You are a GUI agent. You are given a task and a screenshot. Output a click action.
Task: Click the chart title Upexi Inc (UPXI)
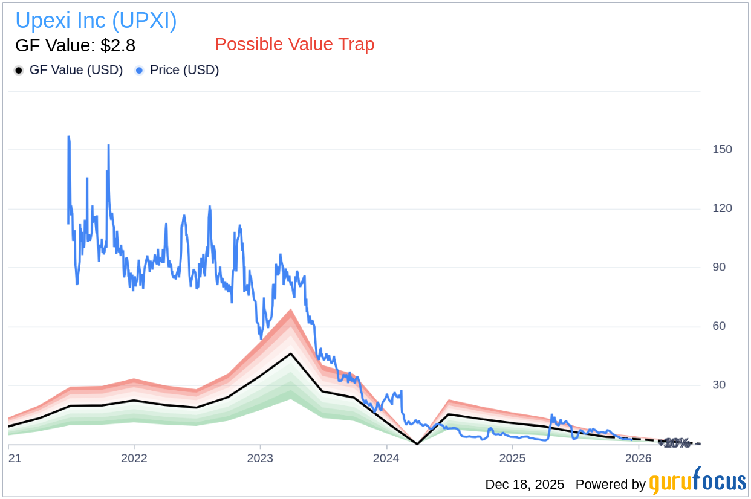(x=96, y=21)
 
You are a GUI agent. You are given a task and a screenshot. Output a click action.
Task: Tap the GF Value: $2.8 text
(x=75, y=45)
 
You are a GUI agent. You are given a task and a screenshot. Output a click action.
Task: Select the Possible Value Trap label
(x=294, y=45)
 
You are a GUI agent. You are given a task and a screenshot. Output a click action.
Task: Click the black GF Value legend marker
(x=19, y=71)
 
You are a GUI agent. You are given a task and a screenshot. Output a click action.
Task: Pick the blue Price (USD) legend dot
(x=140, y=71)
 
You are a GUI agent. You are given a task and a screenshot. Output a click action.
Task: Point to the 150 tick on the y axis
(x=722, y=149)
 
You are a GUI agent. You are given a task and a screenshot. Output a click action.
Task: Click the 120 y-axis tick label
(x=722, y=208)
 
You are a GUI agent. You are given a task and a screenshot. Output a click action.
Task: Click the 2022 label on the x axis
(x=134, y=459)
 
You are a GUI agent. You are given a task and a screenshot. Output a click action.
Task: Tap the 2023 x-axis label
(x=260, y=459)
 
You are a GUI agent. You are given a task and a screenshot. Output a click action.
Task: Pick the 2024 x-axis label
(x=386, y=459)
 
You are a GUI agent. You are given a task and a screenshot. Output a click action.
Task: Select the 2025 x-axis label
(x=512, y=459)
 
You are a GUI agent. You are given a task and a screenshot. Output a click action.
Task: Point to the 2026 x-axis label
(x=637, y=459)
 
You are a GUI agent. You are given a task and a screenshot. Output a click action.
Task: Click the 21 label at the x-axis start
(x=15, y=459)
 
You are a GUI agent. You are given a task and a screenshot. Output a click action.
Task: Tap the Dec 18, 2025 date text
(x=524, y=485)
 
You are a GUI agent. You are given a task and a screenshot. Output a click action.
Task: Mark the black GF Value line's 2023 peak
(x=291, y=353)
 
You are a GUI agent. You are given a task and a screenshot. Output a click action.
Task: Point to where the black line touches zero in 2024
(x=417, y=444)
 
